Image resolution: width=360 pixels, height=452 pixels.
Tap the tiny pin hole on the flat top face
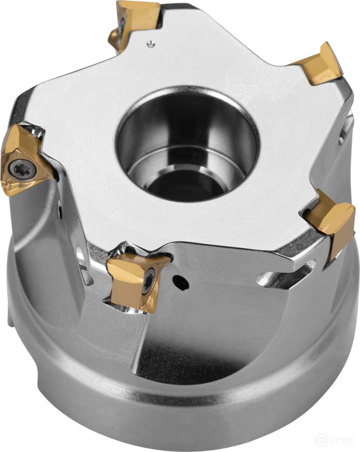[x=151, y=43]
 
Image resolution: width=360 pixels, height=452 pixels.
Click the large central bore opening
[x=188, y=141]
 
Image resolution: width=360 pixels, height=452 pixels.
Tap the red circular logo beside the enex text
[x=321, y=441]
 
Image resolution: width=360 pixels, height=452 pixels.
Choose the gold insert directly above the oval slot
[x=332, y=223]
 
